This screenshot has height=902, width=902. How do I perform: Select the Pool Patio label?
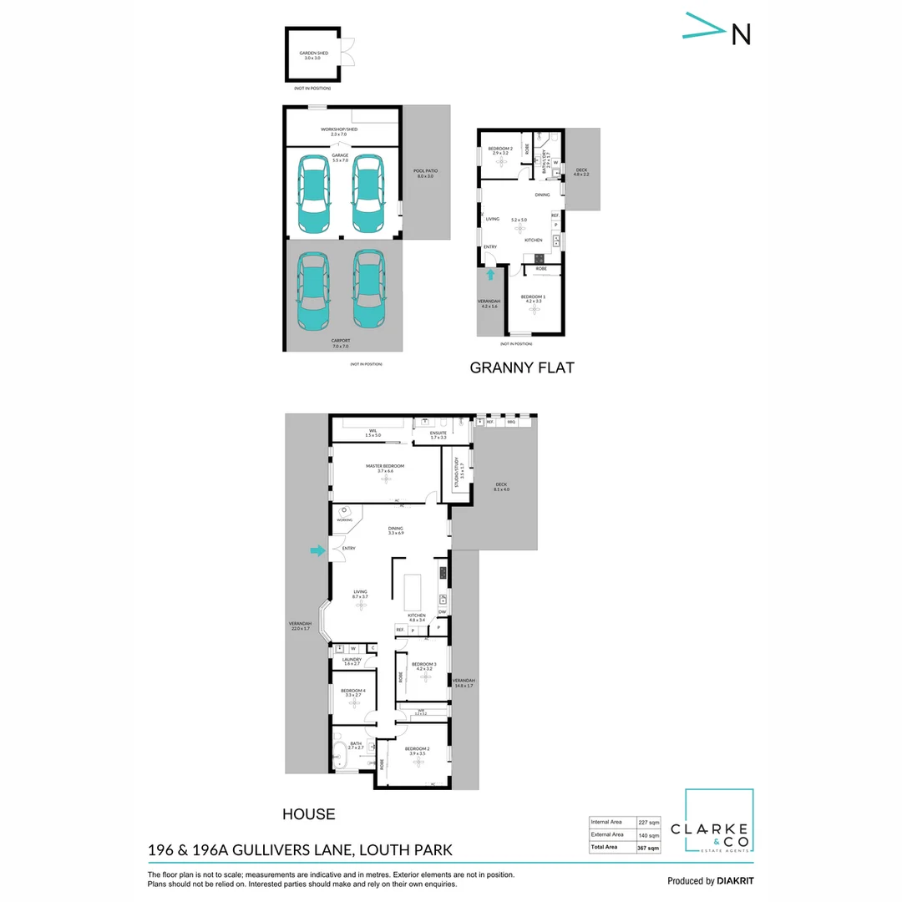click(x=426, y=173)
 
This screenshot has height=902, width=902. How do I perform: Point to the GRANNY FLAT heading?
click(x=522, y=367)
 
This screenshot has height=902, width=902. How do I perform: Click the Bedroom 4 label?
click(x=352, y=692)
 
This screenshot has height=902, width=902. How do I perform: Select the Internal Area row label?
click(x=607, y=821)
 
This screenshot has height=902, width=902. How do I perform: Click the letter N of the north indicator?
click(x=741, y=33)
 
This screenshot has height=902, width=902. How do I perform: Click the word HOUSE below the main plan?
click(x=308, y=814)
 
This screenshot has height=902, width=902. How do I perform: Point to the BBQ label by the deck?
click(x=512, y=423)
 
